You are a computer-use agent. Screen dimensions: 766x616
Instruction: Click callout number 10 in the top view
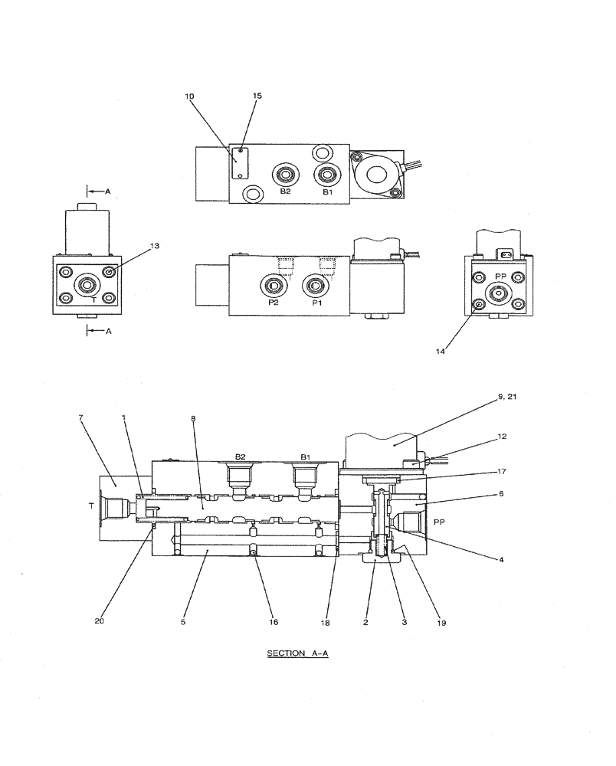pos(189,97)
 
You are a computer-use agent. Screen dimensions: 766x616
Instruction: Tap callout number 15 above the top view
pos(257,97)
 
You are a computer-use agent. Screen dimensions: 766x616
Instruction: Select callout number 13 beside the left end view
pos(155,246)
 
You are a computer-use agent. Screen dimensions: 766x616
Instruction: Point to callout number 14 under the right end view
pos(441,352)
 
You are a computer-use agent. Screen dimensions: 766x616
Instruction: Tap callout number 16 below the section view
pos(274,622)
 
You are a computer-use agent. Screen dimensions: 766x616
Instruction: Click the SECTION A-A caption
pos(297,653)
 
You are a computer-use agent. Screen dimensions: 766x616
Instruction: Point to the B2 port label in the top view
pos(285,191)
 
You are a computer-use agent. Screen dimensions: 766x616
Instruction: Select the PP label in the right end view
pos(501,275)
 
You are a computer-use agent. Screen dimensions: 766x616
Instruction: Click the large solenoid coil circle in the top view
pos(377,175)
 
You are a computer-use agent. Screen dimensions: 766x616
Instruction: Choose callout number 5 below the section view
pos(183,622)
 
